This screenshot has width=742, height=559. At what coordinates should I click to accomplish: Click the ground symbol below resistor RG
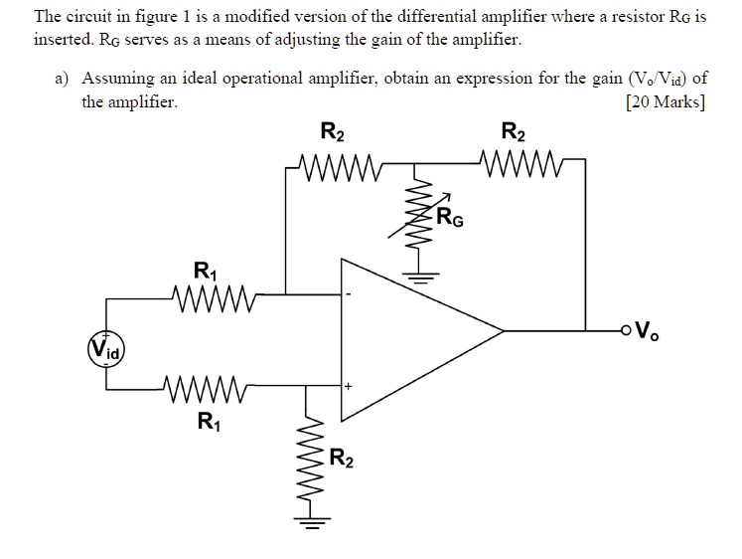click(417, 278)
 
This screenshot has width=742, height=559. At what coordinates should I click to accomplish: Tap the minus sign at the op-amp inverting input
click(349, 294)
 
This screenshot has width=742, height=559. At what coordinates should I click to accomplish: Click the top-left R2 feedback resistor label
click(334, 131)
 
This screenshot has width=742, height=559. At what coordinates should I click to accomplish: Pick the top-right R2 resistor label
click(515, 131)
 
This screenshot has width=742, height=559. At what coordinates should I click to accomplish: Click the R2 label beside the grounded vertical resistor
click(341, 459)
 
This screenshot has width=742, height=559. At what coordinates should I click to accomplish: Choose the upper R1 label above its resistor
click(204, 268)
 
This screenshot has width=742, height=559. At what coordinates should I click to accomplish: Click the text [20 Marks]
click(666, 101)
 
